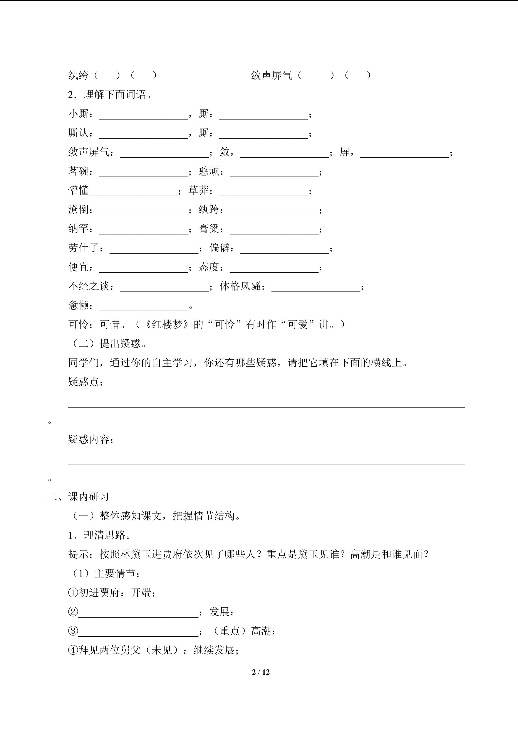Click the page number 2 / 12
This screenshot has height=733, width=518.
point(261,672)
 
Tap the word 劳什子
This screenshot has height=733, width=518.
point(83,248)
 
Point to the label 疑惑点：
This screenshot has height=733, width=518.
point(85,382)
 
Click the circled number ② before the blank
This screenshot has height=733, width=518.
point(73,612)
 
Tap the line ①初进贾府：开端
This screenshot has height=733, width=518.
point(112,593)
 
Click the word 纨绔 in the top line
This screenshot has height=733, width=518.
point(78,75)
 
